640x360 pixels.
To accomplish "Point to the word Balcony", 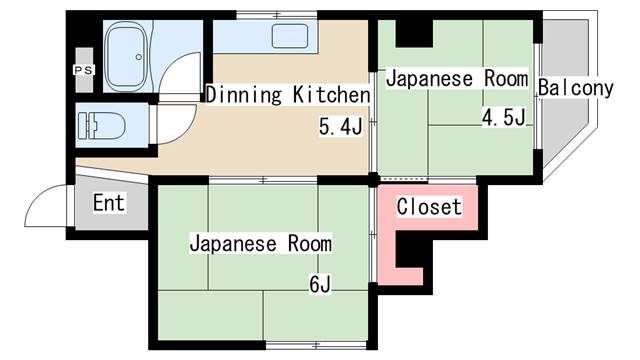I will click(x=575, y=88).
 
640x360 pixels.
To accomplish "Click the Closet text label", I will click(x=429, y=207).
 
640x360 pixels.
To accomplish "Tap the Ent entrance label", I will click(x=108, y=204).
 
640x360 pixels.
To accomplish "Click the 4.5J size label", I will click(x=504, y=118).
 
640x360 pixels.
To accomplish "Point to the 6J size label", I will click(x=320, y=284).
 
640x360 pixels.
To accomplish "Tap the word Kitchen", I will click(x=331, y=95).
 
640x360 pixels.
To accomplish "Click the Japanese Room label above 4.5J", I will click(x=457, y=78).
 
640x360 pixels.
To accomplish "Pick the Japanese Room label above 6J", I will click(x=260, y=243).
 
